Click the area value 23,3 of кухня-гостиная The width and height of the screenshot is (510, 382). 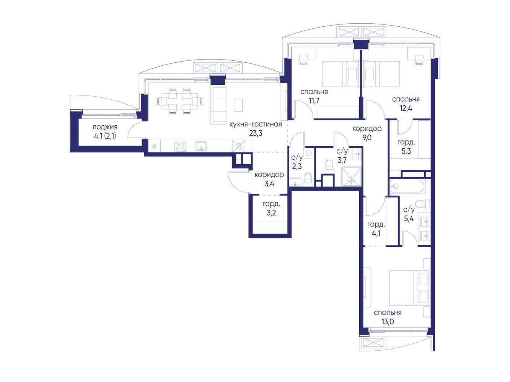point(256,134)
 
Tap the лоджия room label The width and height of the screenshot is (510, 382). point(105,127)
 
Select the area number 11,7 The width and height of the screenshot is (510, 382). point(314,101)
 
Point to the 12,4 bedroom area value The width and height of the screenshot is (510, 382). point(406,108)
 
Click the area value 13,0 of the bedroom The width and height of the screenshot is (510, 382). point(388,322)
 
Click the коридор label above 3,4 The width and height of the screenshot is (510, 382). point(269,175)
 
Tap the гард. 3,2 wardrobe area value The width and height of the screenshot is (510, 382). point(271,213)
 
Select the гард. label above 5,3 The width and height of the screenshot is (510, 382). point(406,142)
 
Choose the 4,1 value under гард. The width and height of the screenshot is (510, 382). point(376,233)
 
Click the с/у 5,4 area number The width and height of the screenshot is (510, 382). point(409,218)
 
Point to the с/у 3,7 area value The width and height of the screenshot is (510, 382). point(342,160)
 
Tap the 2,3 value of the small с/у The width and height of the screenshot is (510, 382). point(297,166)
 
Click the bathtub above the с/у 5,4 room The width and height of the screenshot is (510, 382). point(408,186)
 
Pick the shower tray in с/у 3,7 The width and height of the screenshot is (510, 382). point(352,177)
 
